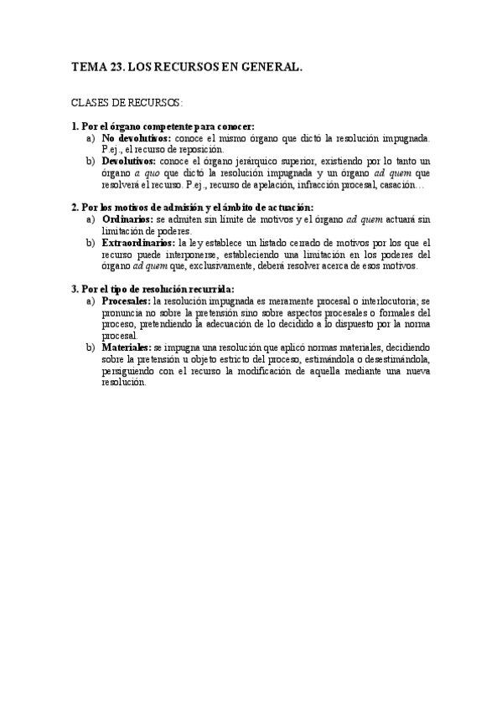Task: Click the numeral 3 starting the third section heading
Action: tap(73, 289)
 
